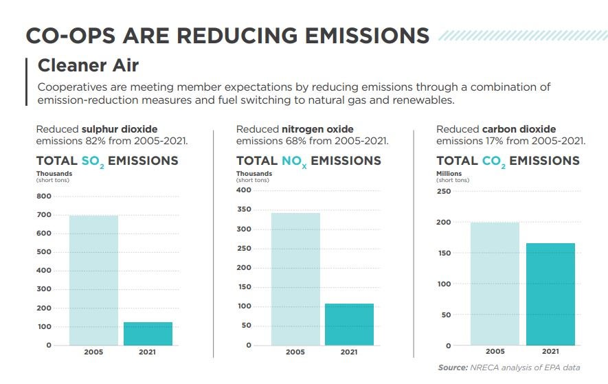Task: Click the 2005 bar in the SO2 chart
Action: click(x=93, y=280)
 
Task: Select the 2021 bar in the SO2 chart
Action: click(x=148, y=333)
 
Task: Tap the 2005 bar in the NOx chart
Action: click(x=295, y=279)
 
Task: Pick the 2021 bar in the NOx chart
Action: click(x=349, y=324)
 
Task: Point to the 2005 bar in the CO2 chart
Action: click(x=495, y=284)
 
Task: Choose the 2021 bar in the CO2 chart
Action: click(x=550, y=294)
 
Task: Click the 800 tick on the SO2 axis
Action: click(x=44, y=196)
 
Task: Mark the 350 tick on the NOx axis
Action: click(x=244, y=210)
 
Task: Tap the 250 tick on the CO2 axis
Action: click(x=444, y=191)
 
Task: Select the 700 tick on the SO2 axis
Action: click(x=44, y=215)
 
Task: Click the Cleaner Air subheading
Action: click(x=88, y=65)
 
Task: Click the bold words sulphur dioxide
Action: click(x=119, y=129)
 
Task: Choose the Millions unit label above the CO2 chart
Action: click(x=449, y=174)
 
